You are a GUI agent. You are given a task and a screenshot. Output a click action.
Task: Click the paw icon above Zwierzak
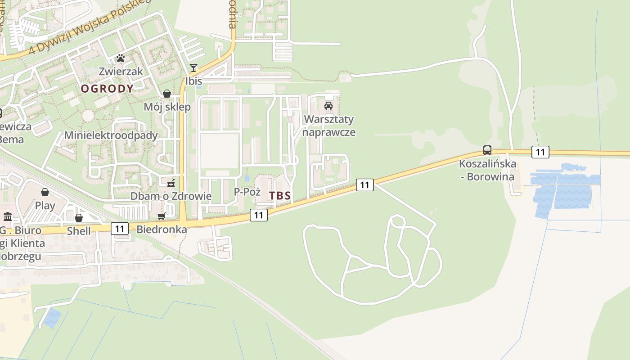pos(121,58)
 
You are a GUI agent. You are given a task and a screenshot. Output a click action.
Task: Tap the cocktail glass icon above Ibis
pos(193,68)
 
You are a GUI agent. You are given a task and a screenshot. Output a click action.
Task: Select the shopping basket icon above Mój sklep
pos(167,94)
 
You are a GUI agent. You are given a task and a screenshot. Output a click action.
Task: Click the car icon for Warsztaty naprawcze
pos(328,106)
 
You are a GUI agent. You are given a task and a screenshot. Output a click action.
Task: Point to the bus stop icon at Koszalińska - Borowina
pos(487,150)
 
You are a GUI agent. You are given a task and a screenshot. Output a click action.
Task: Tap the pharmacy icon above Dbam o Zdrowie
pos(171,183)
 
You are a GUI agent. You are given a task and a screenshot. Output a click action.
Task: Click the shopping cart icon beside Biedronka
pos(162,216)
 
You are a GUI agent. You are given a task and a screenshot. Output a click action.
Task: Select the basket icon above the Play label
pos(45,193)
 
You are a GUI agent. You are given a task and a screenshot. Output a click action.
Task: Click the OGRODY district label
pos(107,89)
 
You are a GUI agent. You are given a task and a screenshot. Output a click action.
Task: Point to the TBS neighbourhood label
pos(280,196)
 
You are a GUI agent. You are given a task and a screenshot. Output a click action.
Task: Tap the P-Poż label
pos(247,192)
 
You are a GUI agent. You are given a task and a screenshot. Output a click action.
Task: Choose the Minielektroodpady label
pos(111,135)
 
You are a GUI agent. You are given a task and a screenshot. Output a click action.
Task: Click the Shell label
pos(79,231)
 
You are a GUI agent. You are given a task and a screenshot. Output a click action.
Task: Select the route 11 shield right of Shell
pos(119,229)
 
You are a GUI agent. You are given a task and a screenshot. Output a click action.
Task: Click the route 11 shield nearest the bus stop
pos(540,152)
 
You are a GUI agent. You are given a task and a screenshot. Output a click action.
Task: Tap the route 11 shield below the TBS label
pos(258,215)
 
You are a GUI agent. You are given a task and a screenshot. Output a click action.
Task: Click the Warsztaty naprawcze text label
pos(328,126)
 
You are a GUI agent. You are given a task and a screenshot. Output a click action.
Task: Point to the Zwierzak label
pos(121,71)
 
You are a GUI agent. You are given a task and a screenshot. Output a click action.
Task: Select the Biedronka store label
pos(162,229)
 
